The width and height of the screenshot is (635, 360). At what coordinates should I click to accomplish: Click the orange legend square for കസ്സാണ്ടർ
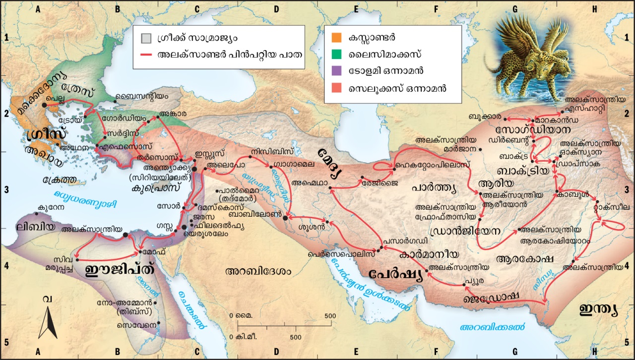(x=336, y=37)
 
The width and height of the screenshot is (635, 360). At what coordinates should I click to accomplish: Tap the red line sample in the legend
(x=144, y=55)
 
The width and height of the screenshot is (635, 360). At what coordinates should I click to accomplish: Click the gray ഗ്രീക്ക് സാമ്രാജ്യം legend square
(x=144, y=37)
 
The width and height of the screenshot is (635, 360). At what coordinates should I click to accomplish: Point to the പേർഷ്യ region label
(x=395, y=275)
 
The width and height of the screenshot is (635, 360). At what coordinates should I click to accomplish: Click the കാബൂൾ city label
(x=576, y=194)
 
